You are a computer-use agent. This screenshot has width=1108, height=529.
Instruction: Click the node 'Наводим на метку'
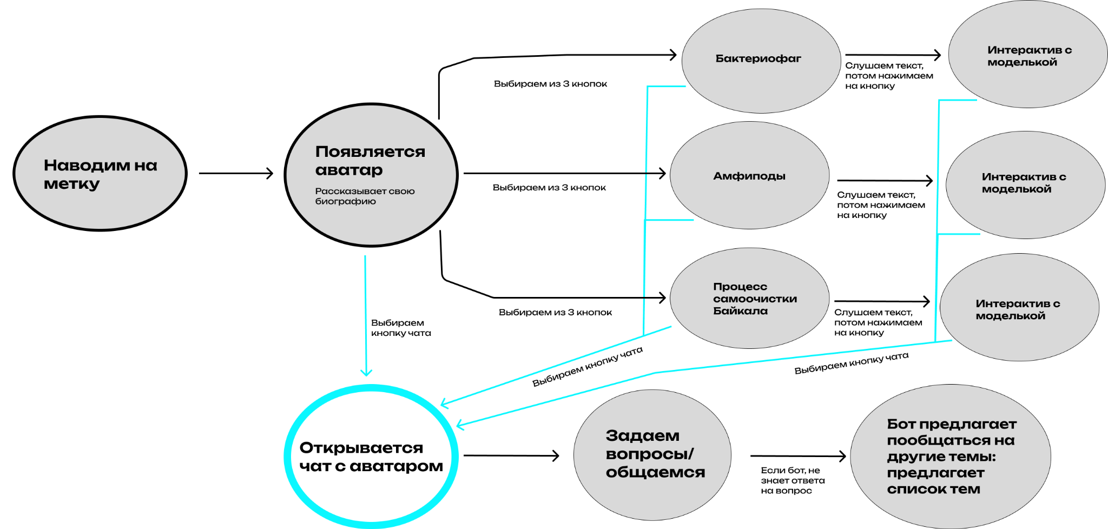100,174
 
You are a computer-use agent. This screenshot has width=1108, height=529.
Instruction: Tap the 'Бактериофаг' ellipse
761,59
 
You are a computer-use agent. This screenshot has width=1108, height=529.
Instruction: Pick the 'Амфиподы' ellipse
749,176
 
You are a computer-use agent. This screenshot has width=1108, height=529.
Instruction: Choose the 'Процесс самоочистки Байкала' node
750,298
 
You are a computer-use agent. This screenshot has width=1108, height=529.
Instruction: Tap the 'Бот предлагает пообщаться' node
951,456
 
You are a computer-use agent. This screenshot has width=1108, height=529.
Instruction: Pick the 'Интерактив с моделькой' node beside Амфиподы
1025,184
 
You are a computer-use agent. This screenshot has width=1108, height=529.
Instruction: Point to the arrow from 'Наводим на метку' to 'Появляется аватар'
236,174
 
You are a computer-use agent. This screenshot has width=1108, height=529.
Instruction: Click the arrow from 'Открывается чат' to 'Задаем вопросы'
511,455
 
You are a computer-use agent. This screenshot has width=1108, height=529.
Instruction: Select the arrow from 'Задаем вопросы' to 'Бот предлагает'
797,456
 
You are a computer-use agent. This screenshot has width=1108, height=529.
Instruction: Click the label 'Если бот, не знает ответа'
792,480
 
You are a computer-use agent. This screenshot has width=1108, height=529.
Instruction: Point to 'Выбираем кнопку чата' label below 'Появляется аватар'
400,328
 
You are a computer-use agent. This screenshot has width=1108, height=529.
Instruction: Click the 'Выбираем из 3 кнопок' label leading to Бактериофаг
550,84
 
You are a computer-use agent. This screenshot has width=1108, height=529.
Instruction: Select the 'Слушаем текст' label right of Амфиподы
881,205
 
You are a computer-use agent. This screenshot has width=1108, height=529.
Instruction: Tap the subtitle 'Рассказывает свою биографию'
365,196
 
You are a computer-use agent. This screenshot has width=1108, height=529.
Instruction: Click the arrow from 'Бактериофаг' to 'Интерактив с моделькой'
893,55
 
